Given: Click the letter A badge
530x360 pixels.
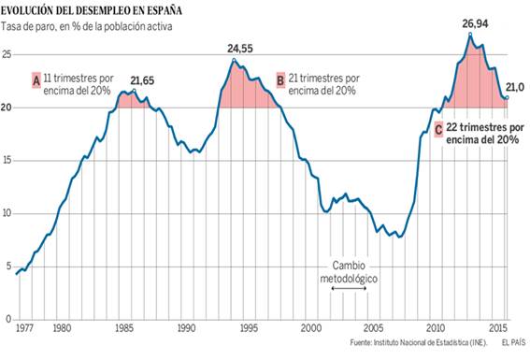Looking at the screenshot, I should point(36,81).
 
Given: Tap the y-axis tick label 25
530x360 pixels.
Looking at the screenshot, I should point(7,55).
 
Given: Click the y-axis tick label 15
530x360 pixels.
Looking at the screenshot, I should point(7,161).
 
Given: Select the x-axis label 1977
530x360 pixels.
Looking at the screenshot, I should point(25,328).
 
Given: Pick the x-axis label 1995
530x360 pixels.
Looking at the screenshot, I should point(248,328).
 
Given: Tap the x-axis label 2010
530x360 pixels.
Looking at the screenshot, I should point(435,328).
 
